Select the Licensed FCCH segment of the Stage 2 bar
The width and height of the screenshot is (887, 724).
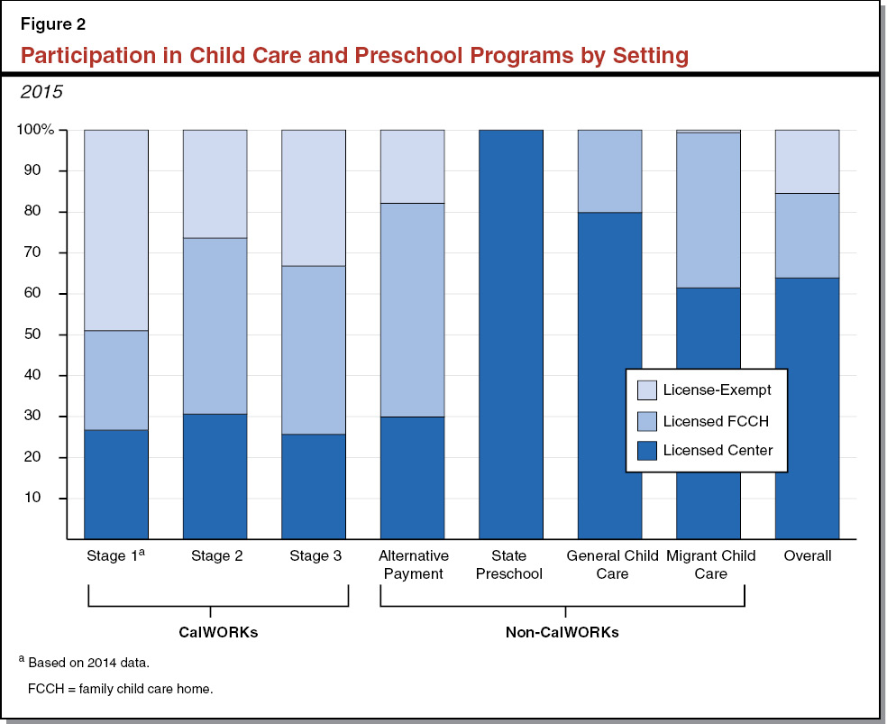coord(215,325)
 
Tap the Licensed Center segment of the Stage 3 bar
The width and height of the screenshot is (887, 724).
coord(314,486)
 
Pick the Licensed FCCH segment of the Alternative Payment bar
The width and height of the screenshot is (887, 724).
coord(412,309)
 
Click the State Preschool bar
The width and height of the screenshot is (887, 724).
coord(511,334)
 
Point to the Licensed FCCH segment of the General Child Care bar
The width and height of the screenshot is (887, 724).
coord(609,170)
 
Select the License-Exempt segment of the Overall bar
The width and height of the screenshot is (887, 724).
coord(808,160)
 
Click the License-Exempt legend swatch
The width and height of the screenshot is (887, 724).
coord(645,390)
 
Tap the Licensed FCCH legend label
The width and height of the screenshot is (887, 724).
coord(714,420)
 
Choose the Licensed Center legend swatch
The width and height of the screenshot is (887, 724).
coord(645,450)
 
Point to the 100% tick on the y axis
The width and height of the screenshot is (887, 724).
coord(36,130)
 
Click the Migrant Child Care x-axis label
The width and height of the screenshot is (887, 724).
coord(710,564)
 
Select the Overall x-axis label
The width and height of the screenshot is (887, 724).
coord(808,556)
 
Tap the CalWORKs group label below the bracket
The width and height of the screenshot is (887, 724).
coord(217,632)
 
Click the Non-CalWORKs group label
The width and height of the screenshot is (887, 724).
coord(562,632)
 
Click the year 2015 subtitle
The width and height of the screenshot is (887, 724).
coord(42,92)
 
